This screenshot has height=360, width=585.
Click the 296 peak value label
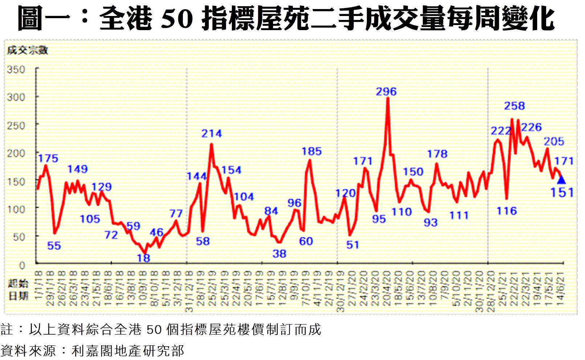[x=386, y=91]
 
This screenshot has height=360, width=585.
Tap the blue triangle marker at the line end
[x=561, y=180]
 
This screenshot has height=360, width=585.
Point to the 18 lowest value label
[x=144, y=258]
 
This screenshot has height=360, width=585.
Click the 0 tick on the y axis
[x=22, y=265]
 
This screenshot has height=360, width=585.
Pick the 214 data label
[x=212, y=134]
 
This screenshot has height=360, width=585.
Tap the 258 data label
[x=514, y=106]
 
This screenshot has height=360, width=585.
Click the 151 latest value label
[x=562, y=192]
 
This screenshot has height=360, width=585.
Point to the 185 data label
[x=311, y=151]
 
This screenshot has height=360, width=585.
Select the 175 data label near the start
[x=48, y=158]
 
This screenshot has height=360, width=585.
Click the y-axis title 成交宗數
[x=28, y=50]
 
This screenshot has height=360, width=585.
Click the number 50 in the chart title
[x=177, y=19]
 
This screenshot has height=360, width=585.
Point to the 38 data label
[x=279, y=254]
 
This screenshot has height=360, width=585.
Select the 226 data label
[x=531, y=127]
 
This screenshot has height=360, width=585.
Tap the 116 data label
[x=506, y=211]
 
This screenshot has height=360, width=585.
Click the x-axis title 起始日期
[x=18, y=290]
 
